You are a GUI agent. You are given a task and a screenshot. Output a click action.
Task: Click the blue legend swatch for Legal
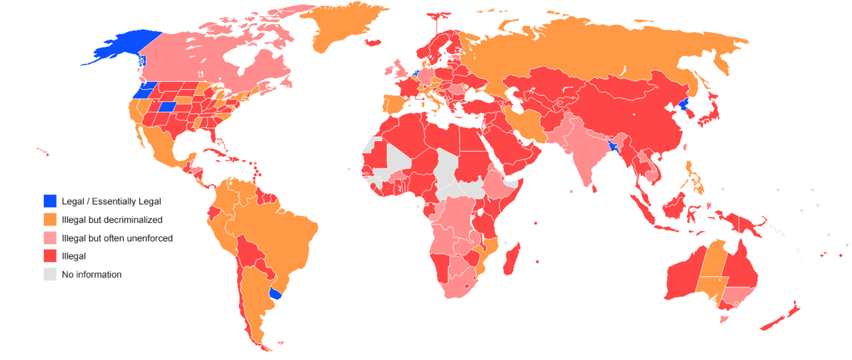50,201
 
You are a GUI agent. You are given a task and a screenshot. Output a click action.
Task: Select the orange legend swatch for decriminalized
50,219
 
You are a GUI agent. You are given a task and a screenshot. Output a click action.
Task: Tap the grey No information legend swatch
50,274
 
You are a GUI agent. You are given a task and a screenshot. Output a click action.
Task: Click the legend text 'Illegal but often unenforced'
116,238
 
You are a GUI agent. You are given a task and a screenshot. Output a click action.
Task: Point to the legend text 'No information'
91,274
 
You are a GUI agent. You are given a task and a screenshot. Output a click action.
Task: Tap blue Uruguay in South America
274,293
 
